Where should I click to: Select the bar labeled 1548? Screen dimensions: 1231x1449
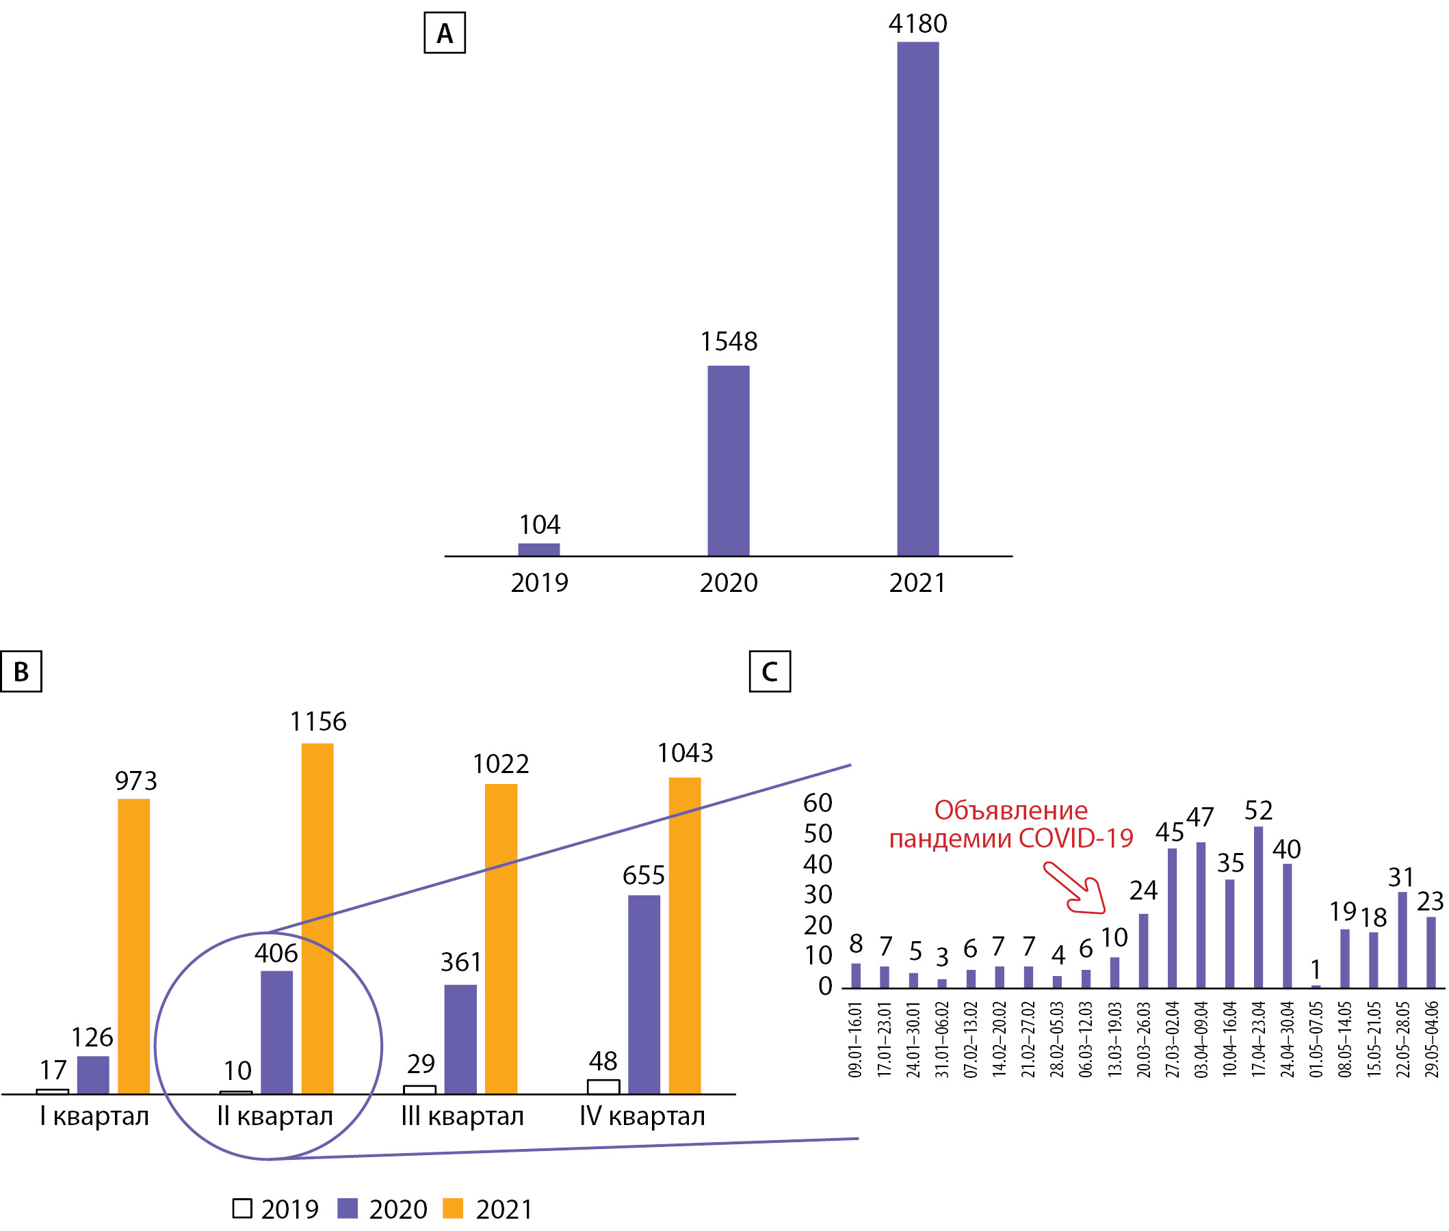(728, 460)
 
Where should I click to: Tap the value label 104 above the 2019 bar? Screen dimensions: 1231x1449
(539, 524)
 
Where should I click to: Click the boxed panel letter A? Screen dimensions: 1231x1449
(444, 33)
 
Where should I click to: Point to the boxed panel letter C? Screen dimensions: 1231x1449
(769, 671)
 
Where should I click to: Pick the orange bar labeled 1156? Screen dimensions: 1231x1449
(317, 918)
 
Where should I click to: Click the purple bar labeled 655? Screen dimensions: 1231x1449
(643, 994)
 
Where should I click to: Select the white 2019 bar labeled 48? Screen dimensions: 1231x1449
(603, 1087)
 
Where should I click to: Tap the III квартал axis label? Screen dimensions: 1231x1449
(462, 1117)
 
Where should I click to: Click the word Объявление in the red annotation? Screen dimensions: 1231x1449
(1010, 810)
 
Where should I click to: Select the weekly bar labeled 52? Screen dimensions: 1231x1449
(1257, 906)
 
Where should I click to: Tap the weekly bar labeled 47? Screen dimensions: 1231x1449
(1201, 914)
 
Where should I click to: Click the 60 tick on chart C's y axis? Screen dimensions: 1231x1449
(817, 803)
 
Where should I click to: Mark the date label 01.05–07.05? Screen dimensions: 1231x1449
(1316, 1039)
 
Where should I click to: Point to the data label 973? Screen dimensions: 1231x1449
(136, 780)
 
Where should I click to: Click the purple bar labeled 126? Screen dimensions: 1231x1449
(93, 1074)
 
